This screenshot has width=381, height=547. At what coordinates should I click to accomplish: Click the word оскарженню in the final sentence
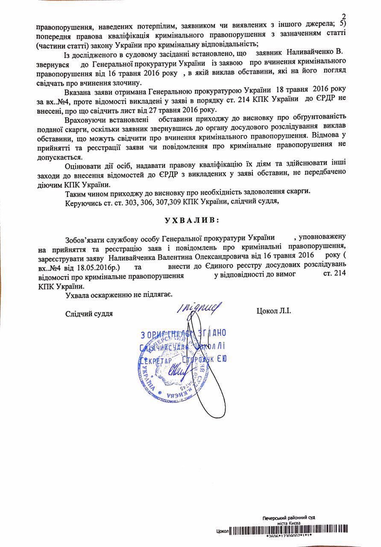pyautogui.click(x=108, y=295)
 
